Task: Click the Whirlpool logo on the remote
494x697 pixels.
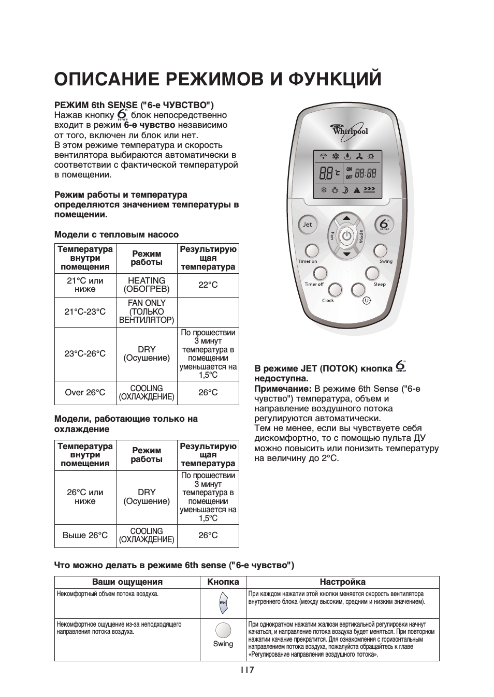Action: click(348, 129)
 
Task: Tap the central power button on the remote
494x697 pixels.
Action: click(347, 236)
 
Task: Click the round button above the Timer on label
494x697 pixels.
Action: click(311, 250)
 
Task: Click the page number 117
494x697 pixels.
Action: click(247, 670)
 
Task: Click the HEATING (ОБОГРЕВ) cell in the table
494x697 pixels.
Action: click(147, 285)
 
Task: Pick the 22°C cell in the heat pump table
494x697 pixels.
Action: click(208, 285)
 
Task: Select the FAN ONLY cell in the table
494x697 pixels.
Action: click(147, 312)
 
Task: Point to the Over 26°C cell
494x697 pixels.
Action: click(85, 393)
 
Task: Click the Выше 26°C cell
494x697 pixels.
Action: click(85, 536)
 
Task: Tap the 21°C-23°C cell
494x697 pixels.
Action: click(85, 312)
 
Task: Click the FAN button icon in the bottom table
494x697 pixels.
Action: click(223, 603)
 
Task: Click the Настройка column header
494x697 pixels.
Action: click(342, 582)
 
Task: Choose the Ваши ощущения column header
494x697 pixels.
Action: click(127, 582)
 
